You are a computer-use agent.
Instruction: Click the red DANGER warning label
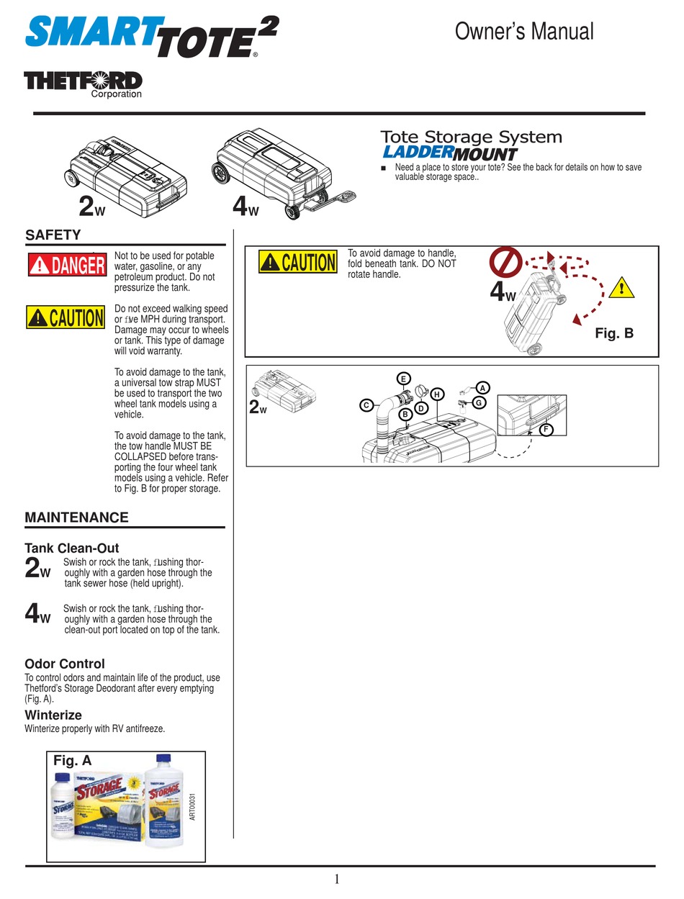(66, 265)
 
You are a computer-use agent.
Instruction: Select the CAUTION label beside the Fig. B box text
(298, 262)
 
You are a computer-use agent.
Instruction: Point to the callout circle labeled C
(366, 405)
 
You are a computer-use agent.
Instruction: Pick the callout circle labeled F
(546, 430)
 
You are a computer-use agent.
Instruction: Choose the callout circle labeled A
(484, 387)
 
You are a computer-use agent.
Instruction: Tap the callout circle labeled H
(436, 394)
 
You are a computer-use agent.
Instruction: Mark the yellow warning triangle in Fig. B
(620, 289)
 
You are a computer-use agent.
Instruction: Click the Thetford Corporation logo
(83, 83)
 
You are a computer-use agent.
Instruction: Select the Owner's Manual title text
(525, 32)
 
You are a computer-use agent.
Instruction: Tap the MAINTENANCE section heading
(76, 518)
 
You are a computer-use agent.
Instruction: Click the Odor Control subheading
(65, 664)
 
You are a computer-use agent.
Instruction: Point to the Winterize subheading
(53, 715)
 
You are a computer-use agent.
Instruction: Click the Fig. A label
(73, 760)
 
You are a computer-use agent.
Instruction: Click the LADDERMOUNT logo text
(449, 153)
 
